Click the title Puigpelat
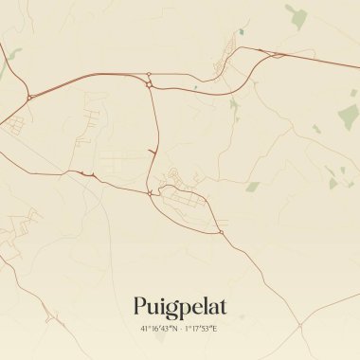pos(180,307)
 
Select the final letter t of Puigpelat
pos(224,306)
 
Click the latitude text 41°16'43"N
pos(158,329)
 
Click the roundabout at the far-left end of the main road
pos(29,97)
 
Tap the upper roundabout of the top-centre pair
pos(150,74)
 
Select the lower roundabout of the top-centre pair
pos(150,85)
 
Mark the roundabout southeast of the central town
pos(221,231)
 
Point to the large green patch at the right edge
pos(349,116)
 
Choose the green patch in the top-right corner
pos(298,16)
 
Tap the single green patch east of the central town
pos(253,186)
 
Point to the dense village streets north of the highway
pos(229,52)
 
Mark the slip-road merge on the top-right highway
pos(277,54)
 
